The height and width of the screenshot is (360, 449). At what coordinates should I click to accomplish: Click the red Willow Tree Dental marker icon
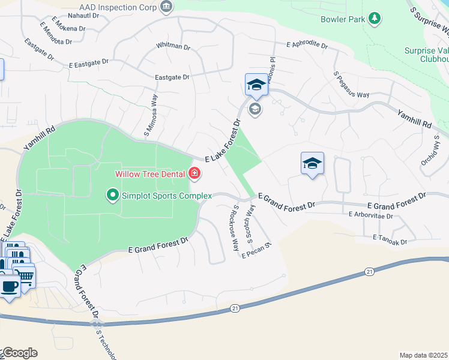(x=194, y=174)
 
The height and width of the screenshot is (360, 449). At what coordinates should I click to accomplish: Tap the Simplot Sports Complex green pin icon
(x=112, y=195)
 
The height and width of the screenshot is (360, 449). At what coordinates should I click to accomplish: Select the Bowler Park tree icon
(x=375, y=19)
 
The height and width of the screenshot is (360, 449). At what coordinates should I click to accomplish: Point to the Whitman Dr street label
(x=172, y=46)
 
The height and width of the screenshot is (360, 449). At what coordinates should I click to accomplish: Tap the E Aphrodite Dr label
(x=307, y=45)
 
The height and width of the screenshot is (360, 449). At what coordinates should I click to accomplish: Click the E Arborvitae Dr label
(x=370, y=214)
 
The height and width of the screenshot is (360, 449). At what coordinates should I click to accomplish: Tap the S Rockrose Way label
(x=235, y=229)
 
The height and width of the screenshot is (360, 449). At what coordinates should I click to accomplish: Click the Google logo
(x=20, y=353)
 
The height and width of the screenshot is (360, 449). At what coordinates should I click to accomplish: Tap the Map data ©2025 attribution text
(x=423, y=355)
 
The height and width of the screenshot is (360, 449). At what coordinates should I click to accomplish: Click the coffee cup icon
(x=9, y=286)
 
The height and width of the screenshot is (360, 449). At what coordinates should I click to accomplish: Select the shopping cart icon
(x=26, y=275)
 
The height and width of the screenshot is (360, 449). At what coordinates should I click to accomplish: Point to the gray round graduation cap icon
(x=255, y=109)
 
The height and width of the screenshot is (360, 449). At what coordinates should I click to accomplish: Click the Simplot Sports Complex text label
(x=167, y=196)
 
